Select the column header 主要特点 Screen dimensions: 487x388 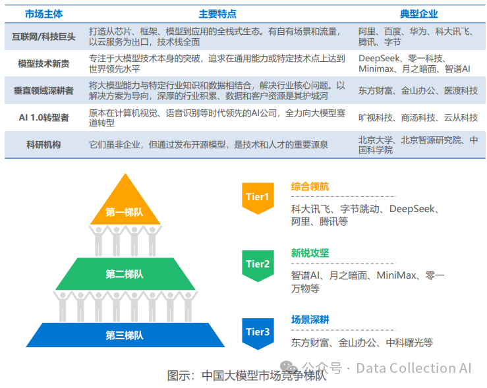(x=217, y=13)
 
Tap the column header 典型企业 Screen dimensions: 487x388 (x=418, y=13)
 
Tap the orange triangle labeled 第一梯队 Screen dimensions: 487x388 (x=124, y=208)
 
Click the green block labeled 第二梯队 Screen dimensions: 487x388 (x=124, y=274)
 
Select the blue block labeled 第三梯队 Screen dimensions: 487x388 (x=124, y=335)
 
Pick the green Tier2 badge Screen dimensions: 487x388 (x=258, y=264)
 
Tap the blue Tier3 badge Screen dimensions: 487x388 (x=258, y=331)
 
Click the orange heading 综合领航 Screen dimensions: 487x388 (x=310, y=186)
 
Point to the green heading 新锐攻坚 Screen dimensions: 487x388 (x=310, y=253)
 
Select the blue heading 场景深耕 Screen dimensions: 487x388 (x=310, y=319)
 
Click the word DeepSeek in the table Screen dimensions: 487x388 (x=380, y=59)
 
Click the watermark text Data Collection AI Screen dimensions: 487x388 (x=414, y=368)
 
